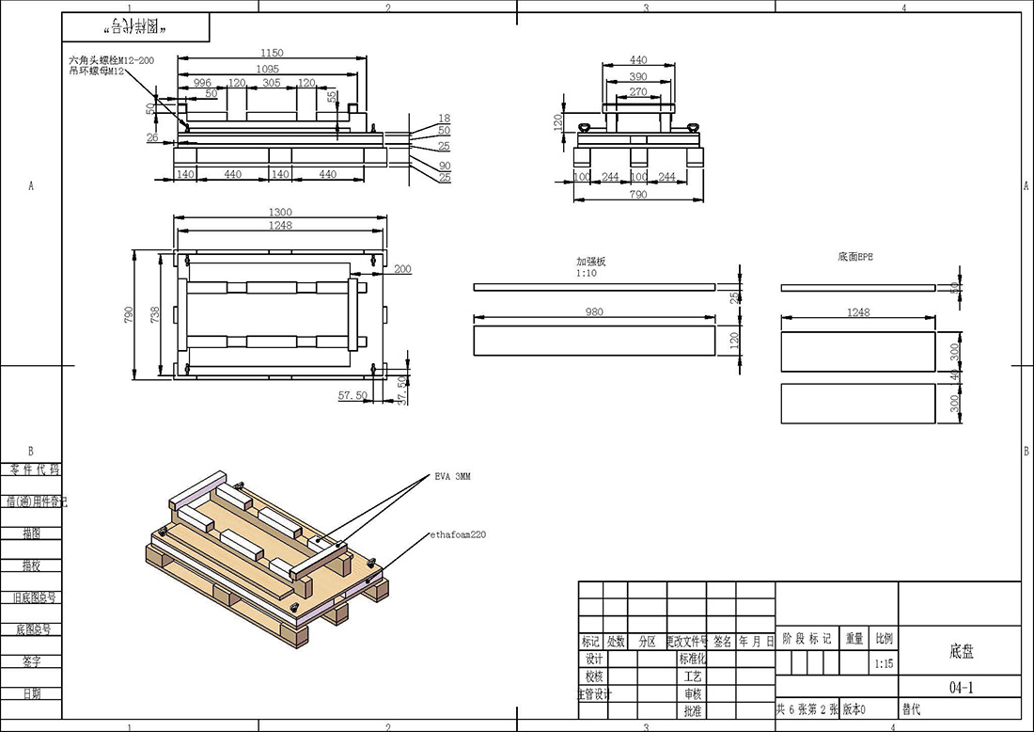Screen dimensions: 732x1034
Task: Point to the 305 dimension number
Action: point(271,83)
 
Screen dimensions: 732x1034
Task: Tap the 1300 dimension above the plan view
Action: point(280,213)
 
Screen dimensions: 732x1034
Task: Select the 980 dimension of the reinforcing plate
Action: point(593,312)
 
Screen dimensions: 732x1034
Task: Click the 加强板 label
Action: point(591,263)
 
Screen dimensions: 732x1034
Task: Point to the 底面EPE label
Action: point(854,256)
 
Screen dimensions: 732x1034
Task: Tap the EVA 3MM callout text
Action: point(452,477)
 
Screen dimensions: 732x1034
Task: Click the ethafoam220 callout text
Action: point(457,534)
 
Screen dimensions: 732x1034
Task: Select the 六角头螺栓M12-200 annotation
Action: point(111,59)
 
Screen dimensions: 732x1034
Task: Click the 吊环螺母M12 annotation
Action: point(97,71)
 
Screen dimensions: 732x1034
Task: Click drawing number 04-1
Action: point(961,688)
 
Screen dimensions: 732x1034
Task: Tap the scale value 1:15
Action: point(884,663)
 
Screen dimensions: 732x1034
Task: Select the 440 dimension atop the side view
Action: point(637,60)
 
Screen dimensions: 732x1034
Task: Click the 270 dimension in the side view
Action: point(637,92)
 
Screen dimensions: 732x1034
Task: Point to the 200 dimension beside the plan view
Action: point(402,270)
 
